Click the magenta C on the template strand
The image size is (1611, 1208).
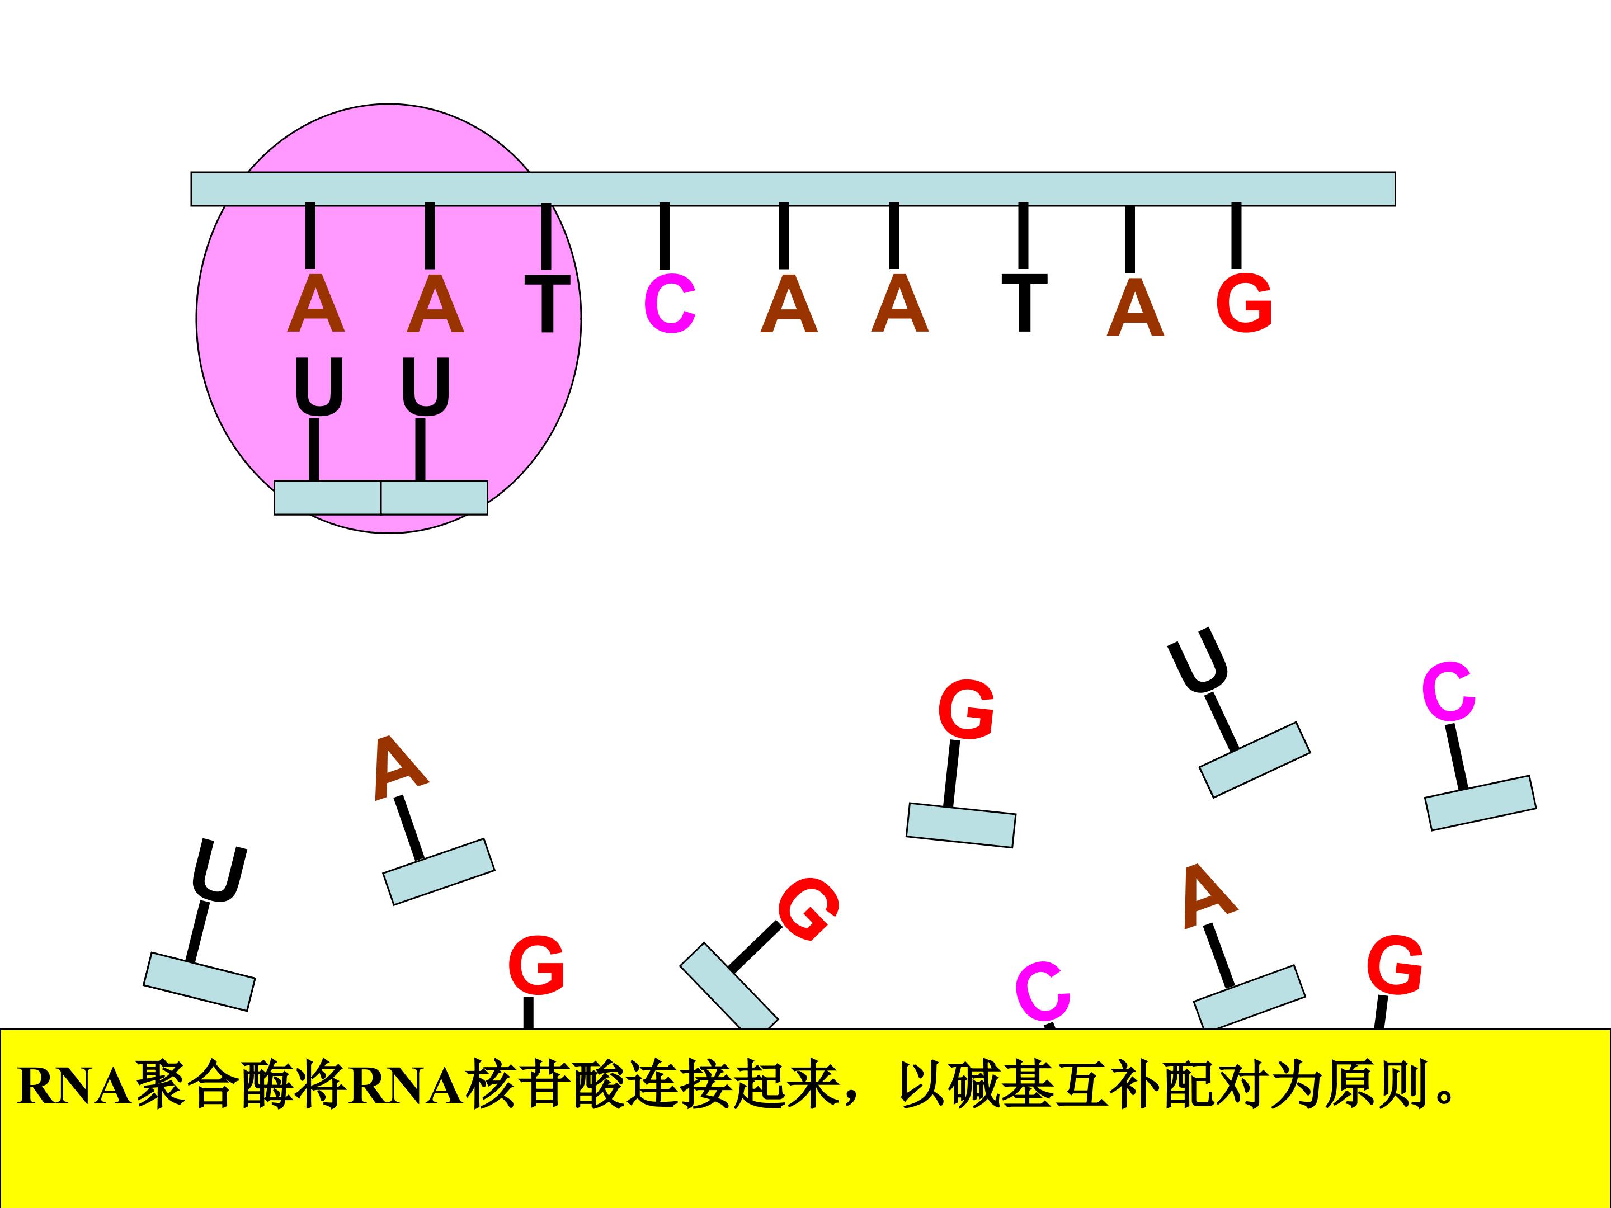(670, 304)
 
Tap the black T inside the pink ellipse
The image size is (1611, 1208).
(547, 304)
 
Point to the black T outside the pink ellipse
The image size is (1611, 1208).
(1024, 303)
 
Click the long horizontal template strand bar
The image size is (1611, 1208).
(793, 190)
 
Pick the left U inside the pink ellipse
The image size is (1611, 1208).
(318, 386)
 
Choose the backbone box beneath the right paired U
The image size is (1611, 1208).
(434, 497)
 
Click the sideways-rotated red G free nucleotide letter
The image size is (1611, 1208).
(808, 909)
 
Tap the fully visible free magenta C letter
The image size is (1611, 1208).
(1449, 692)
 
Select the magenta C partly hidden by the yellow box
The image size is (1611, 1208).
(1043, 991)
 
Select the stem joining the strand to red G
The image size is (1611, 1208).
(1236, 236)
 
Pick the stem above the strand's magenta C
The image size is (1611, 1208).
(664, 236)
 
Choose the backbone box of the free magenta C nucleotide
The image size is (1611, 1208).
(1480, 803)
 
